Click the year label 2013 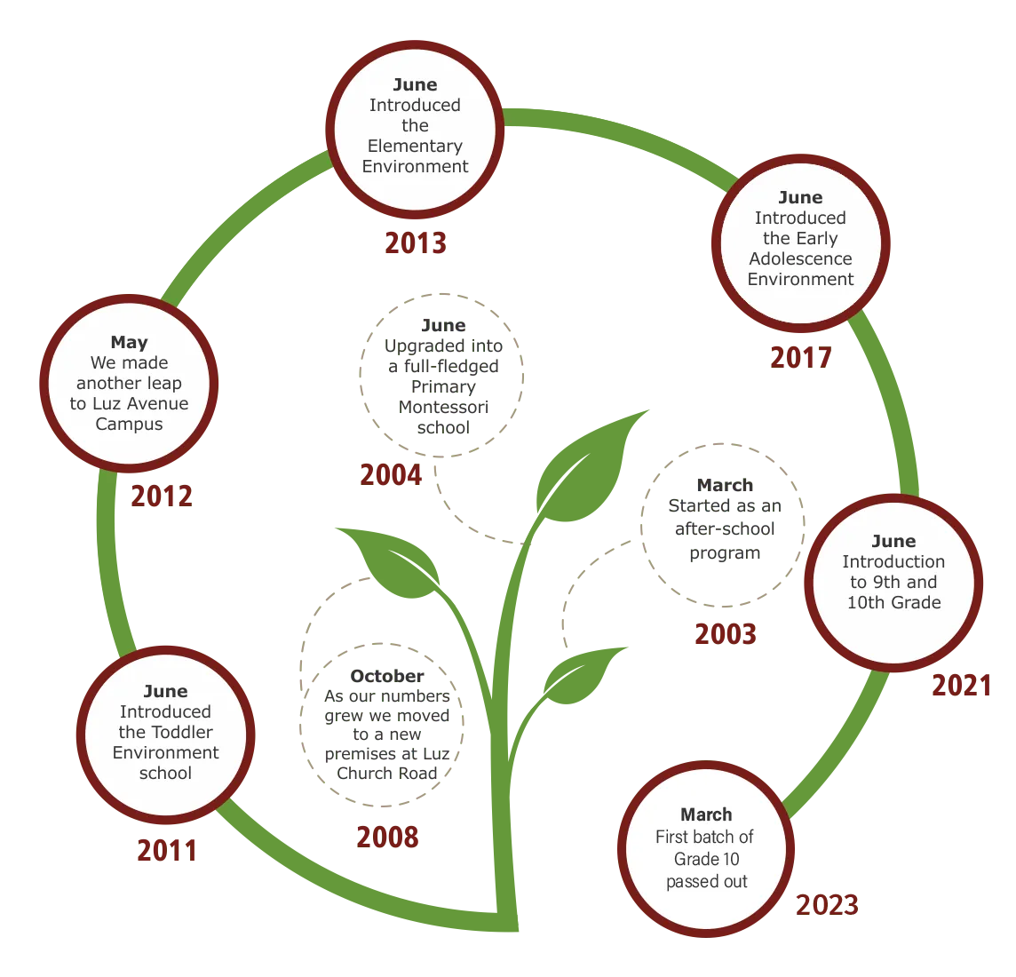[415, 242]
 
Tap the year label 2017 [799, 356]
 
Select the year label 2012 [161, 496]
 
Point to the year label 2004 [390, 475]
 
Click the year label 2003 [725, 632]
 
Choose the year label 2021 [961, 684]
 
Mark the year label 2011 [166, 851]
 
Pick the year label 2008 [387, 837]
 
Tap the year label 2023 [827, 904]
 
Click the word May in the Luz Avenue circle [130, 342]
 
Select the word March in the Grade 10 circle [706, 814]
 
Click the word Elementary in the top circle [415, 146]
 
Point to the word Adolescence [800, 258]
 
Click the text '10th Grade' [893, 602]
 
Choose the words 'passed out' [707, 881]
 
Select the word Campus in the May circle [130, 424]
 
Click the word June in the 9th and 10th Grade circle [893, 541]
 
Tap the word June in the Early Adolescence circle [800, 197]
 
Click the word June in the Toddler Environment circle [165, 691]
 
